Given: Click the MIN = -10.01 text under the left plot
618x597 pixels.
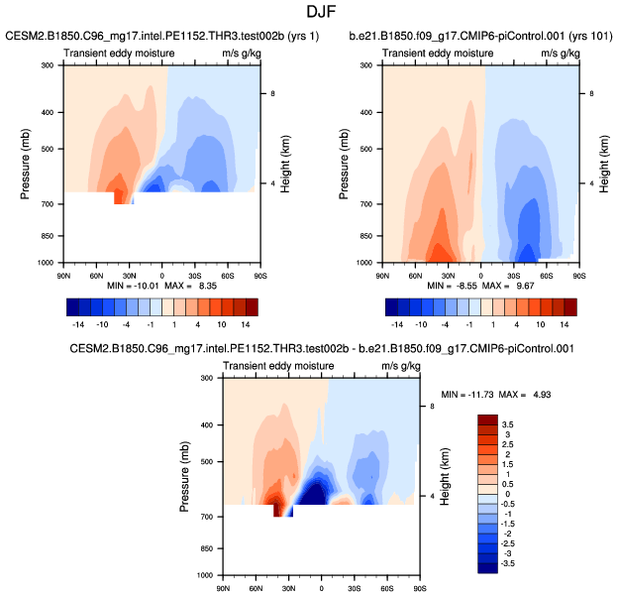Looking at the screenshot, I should point(132,285).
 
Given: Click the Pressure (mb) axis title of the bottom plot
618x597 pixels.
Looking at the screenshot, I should point(185,476).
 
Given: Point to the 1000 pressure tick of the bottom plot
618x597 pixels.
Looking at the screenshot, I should point(206,575).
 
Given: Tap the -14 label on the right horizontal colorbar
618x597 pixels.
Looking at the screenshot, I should point(397,323).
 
